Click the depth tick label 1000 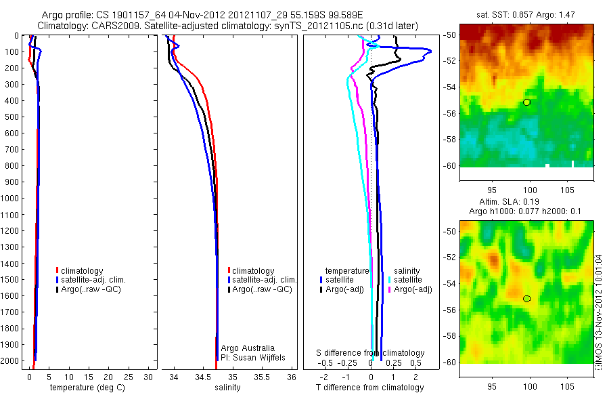coord(10,198)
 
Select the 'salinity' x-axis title coord(228,388)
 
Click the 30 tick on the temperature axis coord(148,377)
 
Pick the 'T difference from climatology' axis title coord(369,388)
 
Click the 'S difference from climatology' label coord(371,353)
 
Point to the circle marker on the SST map coord(526,102)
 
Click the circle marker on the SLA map coord(526,299)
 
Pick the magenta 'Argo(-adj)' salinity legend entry coord(412,289)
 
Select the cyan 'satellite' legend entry coord(407,280)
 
